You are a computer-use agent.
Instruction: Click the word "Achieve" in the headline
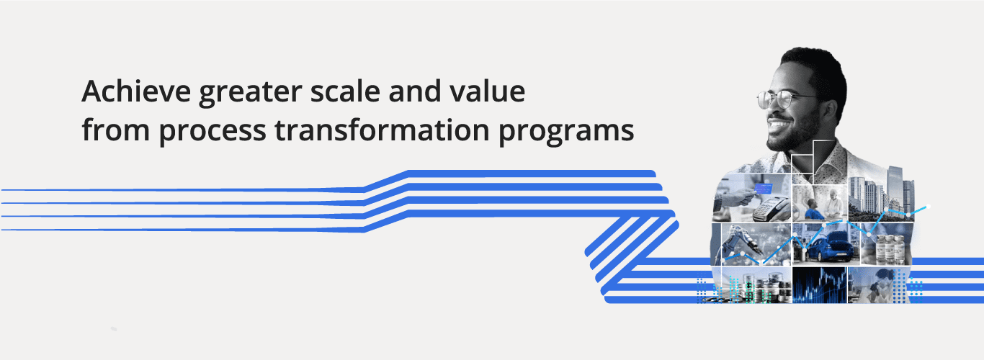click(136, 91)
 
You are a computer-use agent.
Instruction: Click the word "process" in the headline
click(213, 132)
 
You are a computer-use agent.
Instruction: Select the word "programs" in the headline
click(566, 132)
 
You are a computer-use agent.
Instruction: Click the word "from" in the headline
click(116, 130)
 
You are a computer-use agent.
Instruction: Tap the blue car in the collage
click(831, 247)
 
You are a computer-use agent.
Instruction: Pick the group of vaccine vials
click(888, 249)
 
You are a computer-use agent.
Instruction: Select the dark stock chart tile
click(820, 285)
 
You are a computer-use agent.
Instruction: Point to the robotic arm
click(738, 243)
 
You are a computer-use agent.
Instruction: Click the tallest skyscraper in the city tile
click(895, 189)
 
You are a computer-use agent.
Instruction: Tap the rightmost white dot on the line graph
click(929, 207)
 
